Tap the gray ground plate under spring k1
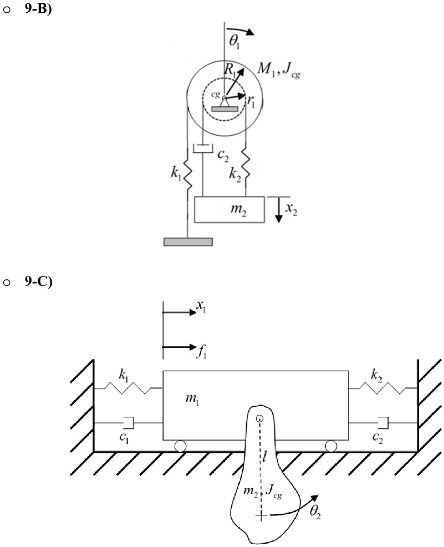(x=188, y=242)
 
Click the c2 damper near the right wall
(x=384, y=423)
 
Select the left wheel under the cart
(x=180, y=445)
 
